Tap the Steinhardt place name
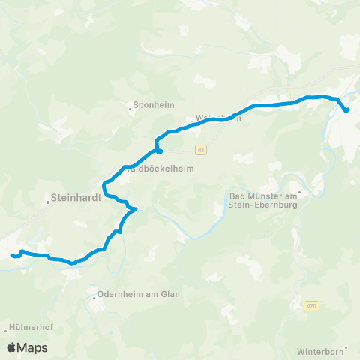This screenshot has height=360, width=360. coord(77,199)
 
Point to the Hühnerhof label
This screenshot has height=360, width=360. coord(29,328)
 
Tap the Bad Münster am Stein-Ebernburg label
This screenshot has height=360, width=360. coord(262,200)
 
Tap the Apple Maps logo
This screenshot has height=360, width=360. coord(27,347)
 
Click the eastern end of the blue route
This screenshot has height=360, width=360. coord(347,111)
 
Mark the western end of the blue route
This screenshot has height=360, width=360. coord(12,256)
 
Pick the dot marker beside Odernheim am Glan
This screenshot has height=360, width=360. coord(94,297)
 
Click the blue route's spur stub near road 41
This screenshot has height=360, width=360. coord(159,151)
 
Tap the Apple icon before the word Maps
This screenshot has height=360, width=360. coord(12,347)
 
